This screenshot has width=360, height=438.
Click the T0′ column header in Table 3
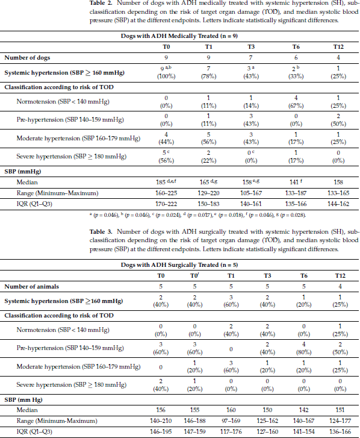pyautogui.click(x=194, y=276)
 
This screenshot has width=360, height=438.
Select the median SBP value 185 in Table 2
pyautogui.click(x=161, y=182)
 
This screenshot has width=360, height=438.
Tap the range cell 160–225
pyautogui.click(x=166, y=193)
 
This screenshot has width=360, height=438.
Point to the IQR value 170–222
pyautogui.click(x=166, y=204)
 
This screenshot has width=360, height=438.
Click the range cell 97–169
pyautogui.click(x=231, y=421)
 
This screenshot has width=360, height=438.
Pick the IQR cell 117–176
pyautogui.click(x=231, y=431)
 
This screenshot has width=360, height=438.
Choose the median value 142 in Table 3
pyautogui.click(x=303, y=410)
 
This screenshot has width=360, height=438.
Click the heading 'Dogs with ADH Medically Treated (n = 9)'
pyautogui.click(x=179, y=36)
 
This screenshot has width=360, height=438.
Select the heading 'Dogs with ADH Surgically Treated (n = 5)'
pyautogui.click(x=179, y=265)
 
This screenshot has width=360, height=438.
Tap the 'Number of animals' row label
pyautogui.click(x=31, y=287)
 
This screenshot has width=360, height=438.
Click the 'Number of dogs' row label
pyautogui.click(x=27, y=58)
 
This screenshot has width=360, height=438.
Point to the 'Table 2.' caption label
pyautogui.click(x=101, y=3)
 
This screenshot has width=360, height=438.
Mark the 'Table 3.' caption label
pyautogui.click(x=101, y=232)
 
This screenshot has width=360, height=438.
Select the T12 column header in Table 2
pyautogui.click(x=338, y=46)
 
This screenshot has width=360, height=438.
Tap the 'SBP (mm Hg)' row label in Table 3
pyautogui.click(x=23, y=399)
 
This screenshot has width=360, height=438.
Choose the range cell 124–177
pyautogui.click(x=340, y=421)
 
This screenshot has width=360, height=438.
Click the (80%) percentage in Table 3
pyautogui.click(x=303, y=352)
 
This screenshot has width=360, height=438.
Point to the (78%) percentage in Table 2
pyautogui.click(x=208, y=77)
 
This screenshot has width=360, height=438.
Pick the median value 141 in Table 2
pyautogui.click(x=294, y=182)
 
